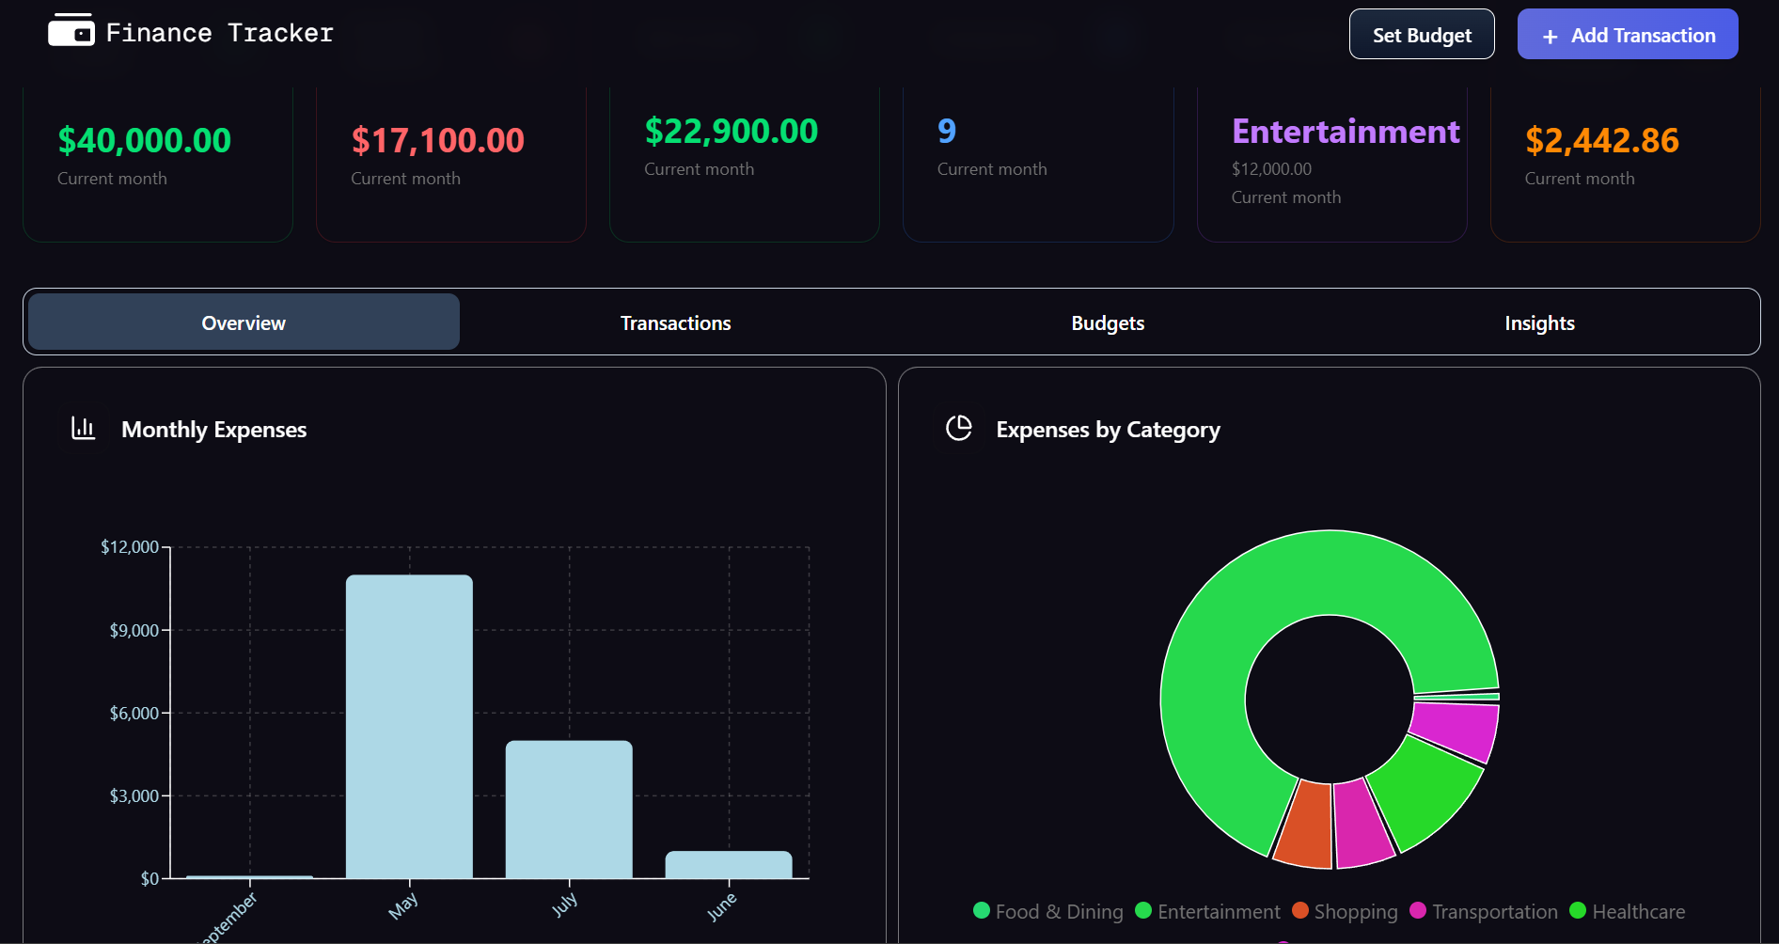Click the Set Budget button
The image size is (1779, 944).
[x=1421, y=35]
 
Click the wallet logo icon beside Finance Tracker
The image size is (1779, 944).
[x=71, y=30]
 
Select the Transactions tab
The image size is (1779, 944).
[x=675, y=323]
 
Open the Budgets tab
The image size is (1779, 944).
[x=1107, y=323]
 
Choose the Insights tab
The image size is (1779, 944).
[x=1538, y=323]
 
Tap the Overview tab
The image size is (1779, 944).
[x=244, y=323]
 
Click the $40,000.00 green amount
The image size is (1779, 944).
[x=144, y=140]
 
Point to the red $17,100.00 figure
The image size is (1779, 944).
[x=437, y=140]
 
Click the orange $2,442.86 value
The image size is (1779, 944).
[x=1601, y=140]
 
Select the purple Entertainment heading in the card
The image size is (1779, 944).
[x=1345, y=131]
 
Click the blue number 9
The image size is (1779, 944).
[x=946, y=131]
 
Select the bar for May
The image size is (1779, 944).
[x=409, y=726]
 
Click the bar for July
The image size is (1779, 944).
[x=569, y=809]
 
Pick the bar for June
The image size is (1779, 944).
[x=729, y=864]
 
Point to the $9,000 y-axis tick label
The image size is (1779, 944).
[x=134, y=630]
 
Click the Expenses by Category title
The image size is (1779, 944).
[x=1108, y=430]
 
